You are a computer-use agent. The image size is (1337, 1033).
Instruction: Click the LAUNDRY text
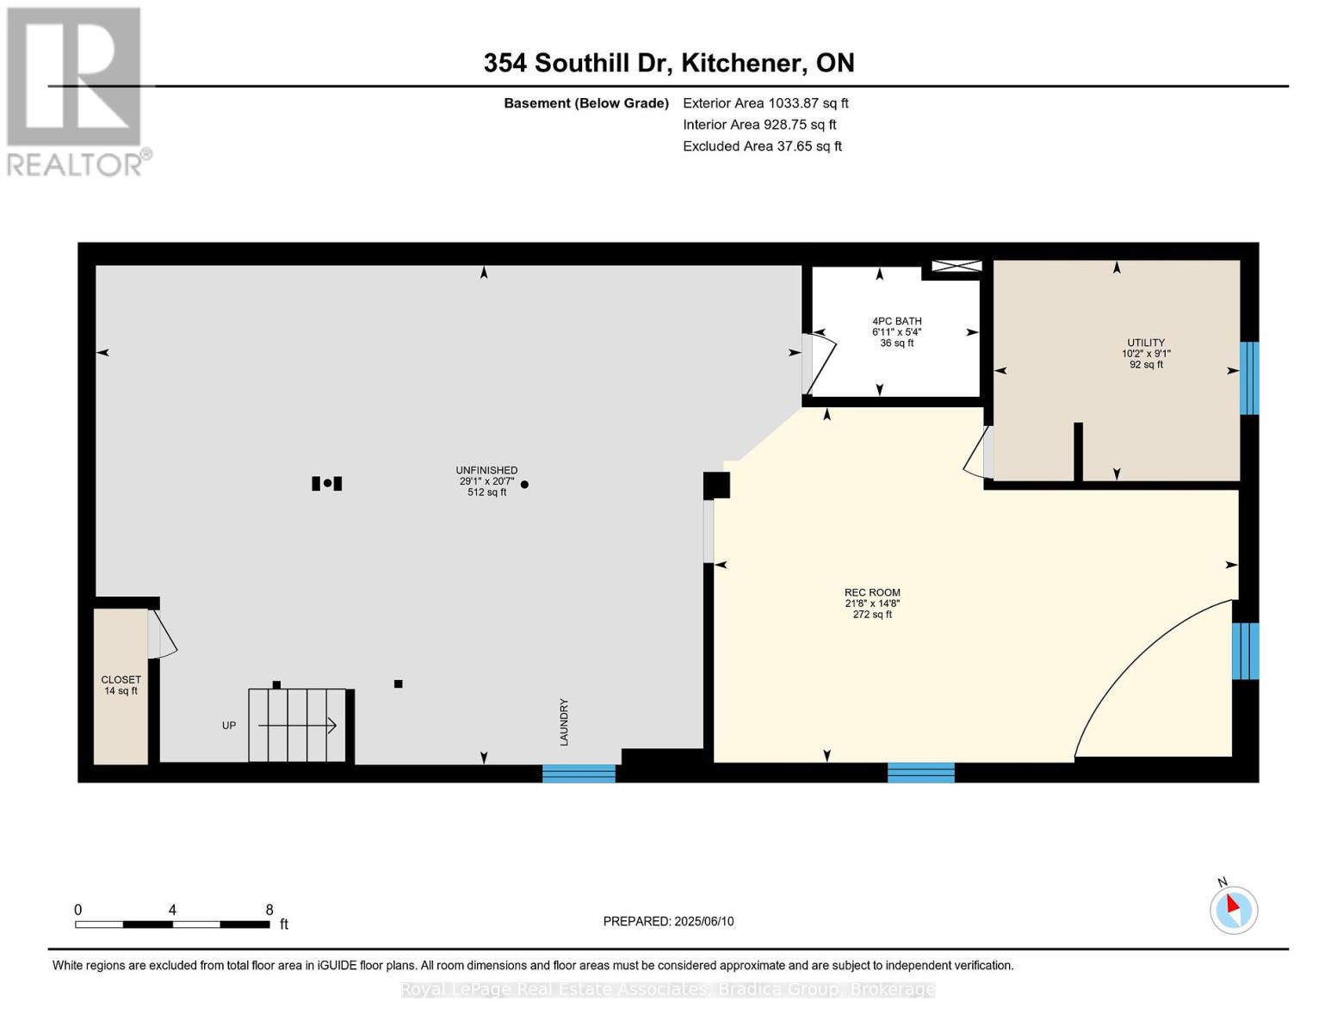pos(564,721)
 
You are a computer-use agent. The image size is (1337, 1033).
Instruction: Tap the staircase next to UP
pos(297,725)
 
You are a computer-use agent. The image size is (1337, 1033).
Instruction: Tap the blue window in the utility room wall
pos(1248,378)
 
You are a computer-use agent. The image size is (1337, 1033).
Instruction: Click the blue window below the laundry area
pos(579,773)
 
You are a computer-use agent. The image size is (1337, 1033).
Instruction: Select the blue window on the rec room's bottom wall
pos(920,772)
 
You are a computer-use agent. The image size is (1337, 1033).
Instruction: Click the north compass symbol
pos(1234,909)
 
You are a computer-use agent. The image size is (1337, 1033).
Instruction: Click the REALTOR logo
pos(76,91)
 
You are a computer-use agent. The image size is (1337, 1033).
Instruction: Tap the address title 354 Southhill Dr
pos(668,63)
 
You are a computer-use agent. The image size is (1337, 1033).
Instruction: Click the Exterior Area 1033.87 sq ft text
pos(765,103)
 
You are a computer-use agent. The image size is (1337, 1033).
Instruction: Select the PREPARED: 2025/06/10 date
pos(668,921)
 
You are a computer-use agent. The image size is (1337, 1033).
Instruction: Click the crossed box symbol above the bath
pos(956,266)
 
